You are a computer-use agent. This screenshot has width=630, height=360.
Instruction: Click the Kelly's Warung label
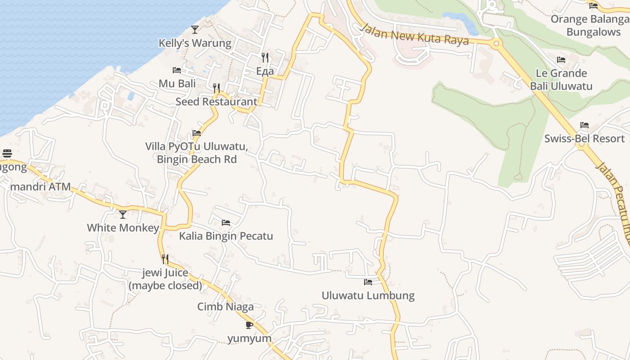pyautogui.click(x=195, y=43)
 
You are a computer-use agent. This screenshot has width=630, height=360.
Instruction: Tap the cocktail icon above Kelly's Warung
pyautogui.click(x=195, y=30)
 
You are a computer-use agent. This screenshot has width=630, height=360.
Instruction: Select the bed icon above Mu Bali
pyautogui.click(x=177, y=70)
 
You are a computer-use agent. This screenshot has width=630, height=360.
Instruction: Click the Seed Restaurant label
pyautogui.click(x=216, y=102)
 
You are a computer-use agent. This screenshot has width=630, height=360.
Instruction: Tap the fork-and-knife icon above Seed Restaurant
pyautogui.click(x=216, y=88)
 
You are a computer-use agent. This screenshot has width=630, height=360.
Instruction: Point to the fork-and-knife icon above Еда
pyautogui.click(x=265, y=57)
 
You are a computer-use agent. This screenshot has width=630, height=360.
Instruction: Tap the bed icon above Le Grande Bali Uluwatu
pyautogui.click(x=561, y=59)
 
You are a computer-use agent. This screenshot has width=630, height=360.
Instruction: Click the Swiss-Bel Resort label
pyautogui.click(x=585, y=139)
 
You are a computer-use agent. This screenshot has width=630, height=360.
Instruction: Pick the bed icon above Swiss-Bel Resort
pyautogui.click(x=585, y=125)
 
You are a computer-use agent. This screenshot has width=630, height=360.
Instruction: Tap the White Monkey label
pyautogui.click(x=123, y=228)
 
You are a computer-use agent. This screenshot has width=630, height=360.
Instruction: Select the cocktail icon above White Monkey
pyautogui.click(x=123, y=215)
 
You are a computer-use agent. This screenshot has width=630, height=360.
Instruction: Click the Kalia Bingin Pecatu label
pyautogui.click(x=226, y=236)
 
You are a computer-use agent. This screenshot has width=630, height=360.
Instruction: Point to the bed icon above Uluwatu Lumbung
pyautogui.click(x=368, y=282)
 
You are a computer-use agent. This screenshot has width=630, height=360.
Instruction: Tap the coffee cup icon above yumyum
pyautogui.click(x=249, y=325)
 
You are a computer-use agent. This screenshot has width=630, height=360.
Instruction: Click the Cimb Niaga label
pyautogui.click(x=225, y=307)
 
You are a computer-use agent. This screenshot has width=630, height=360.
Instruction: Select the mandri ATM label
pyautogui.click(x=40, y=187)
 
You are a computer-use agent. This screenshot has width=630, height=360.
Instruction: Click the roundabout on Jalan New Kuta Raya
pyautogui.click(x=497, y=44)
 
